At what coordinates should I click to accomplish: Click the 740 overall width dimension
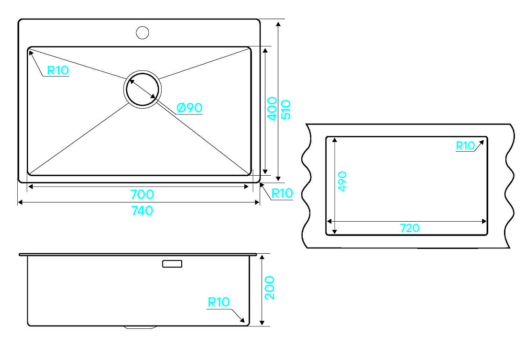[x=142, y=211]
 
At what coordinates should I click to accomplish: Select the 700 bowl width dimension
[x=142, y=194]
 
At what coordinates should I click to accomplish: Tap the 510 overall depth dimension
[x=286, y=110]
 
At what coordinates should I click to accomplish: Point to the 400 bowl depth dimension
[x=272, y=109]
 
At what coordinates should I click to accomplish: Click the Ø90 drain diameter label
[x=189, y=108]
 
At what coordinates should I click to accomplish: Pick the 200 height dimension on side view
[x=269, y=288]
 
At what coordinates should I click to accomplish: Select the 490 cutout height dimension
[x=342, y=181]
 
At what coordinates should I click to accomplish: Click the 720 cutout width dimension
[x=410, y=228]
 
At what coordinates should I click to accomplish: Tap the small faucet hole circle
[x=142, y=32]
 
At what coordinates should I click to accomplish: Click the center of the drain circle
[x=142, y=89]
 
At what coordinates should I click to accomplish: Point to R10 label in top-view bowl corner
[x=58, y=70]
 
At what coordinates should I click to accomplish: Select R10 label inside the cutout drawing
[x=465, y=146]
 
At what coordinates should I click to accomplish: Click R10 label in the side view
[x=219, y=302]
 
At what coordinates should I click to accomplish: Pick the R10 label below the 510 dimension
[x=282, y=193]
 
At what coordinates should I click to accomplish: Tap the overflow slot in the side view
[x=172, y=264]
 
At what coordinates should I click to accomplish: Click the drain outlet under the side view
[x=140, y=327]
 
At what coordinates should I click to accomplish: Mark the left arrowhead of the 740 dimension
[x=20, y=202]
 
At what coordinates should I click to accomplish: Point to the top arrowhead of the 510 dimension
[x=278, y=24]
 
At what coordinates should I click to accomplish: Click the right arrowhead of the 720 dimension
[x=484, y=221]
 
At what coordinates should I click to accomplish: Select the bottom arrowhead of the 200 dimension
[x=263, y=323]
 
